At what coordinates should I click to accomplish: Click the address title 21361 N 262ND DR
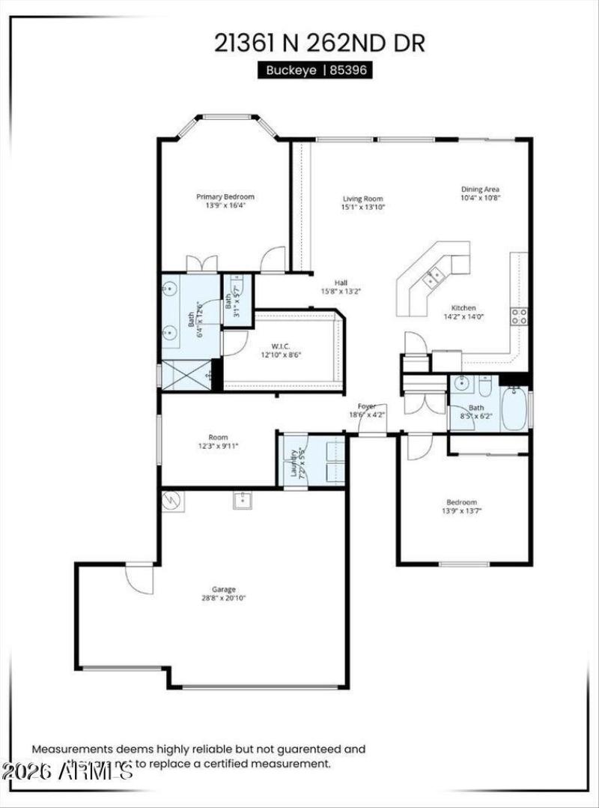320,43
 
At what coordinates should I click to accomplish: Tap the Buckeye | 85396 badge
315,70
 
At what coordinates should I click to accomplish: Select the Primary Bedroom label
225,197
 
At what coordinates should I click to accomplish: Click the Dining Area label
480,189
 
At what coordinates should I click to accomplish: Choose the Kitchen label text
463,307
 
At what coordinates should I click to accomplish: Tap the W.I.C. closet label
281,346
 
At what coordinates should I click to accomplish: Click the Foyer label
367,406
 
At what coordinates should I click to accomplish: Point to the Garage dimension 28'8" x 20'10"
225,598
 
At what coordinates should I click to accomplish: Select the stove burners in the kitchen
519,316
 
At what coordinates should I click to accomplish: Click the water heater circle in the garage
172,500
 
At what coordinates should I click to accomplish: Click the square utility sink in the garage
242,501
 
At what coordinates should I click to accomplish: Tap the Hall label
341,283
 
